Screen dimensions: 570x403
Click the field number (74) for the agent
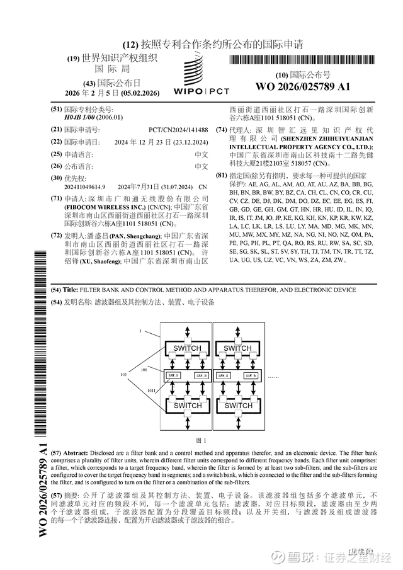pyautogui.click(x=220, y=130)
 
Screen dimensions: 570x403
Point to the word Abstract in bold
pyautogui.click(x=79, y=453)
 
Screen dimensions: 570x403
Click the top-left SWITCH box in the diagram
pyautogui.click(x=187, y=348)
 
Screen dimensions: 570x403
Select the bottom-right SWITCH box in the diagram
pyautogui.click(x=239, y=406)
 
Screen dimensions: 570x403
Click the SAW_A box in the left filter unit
pyautogui.click(x=173, y=375)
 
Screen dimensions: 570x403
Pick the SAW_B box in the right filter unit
pyautogui.click(x=251, y=375)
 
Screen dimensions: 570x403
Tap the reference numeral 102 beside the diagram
pyautogui.click(x=123, y=375)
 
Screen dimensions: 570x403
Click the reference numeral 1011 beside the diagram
pyautogui.click(x=152, y=392)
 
